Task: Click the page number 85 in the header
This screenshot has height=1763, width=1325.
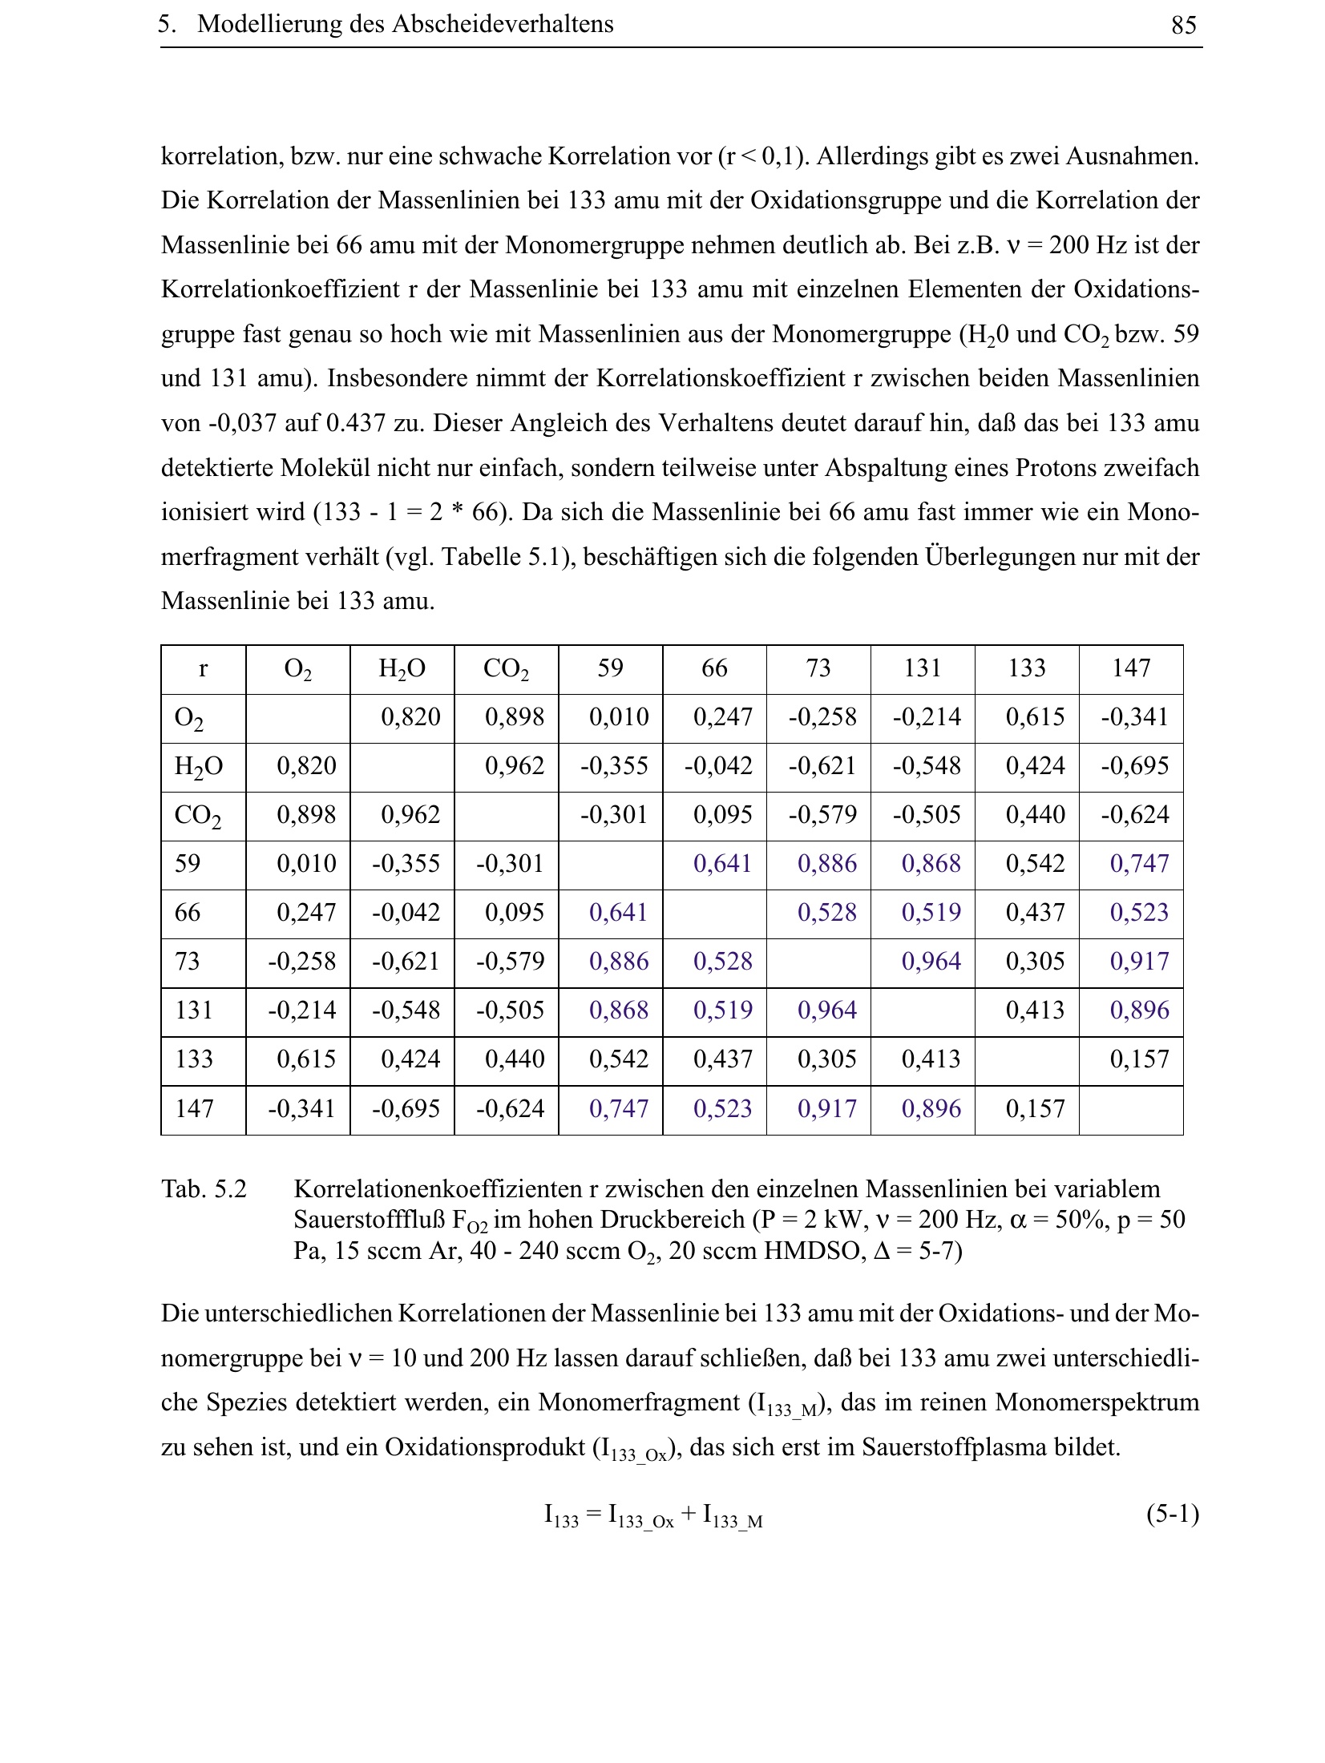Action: click(1183, 26)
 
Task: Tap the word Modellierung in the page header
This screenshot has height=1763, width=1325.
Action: click(269, 25)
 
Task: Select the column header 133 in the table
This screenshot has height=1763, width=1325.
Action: click(1027, 668)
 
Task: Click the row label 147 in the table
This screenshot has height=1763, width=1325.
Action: click(194, 1109)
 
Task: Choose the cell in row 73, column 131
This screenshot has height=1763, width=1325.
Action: click(931, 962)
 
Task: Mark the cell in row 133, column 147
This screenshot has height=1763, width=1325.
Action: click(1139, 1060)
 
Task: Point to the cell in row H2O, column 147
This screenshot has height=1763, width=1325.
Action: click(1134, 766)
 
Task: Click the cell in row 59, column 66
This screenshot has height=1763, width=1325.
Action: click(722, 864)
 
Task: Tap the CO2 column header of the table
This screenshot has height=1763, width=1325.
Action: click(506, 669)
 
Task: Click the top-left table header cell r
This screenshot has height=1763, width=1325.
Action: click(203, 668)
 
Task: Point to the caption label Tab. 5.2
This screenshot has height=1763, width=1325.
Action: click(204, 1189)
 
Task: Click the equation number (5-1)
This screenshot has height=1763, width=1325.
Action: click(1172, 1513)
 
